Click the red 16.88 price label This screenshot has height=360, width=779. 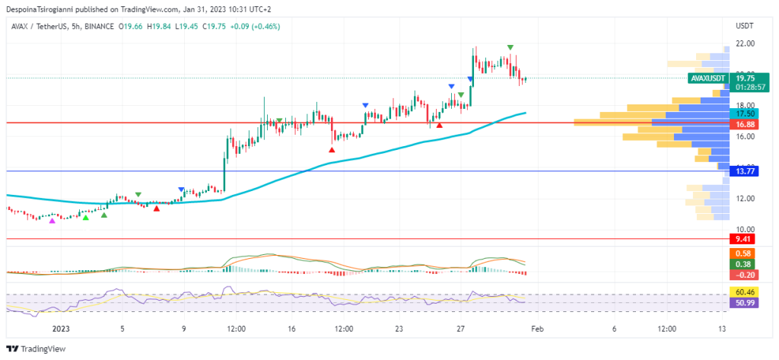pos(741,124)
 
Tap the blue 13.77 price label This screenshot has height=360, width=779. pos(741,172)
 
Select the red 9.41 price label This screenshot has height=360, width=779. pos(741,239)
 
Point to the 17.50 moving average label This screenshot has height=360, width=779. pos(741,113)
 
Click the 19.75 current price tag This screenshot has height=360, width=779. pos(742,78)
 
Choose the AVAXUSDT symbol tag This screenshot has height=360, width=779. pos(707,78)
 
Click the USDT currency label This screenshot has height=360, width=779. pos(743,26)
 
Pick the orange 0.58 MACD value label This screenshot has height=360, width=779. pos(741,253)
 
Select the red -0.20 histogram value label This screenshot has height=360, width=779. pos(741,275)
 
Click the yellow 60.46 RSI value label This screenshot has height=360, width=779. pos(741,292)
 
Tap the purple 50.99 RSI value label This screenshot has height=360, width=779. pos(741,302)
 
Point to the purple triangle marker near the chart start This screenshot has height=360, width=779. pos(52,221)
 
